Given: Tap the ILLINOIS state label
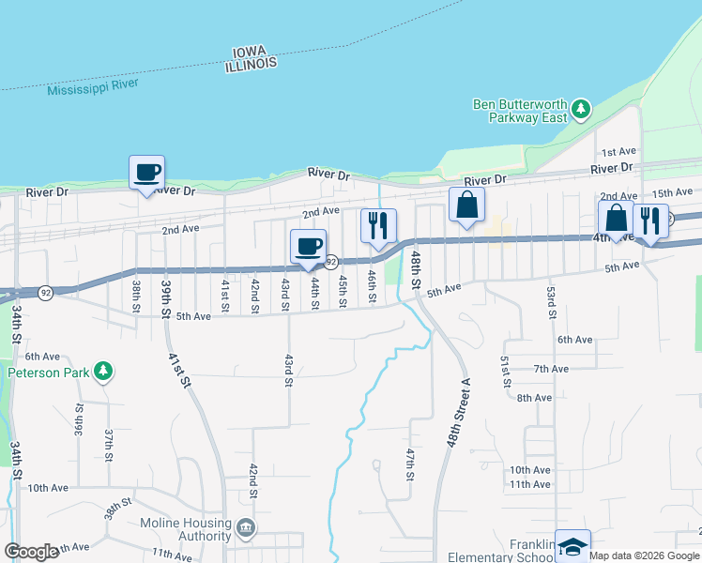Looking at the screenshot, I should tap(252, 63).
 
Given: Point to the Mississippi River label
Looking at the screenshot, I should tap(93, 85).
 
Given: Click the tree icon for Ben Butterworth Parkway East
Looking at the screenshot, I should tap(581, 109).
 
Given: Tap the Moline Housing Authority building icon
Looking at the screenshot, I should tap(246, 529).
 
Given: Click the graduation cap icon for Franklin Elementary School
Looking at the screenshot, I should tap(572, 546).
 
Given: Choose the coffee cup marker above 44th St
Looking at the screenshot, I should tap(309, 246).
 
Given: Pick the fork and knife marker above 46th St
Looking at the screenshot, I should tap(378, 225).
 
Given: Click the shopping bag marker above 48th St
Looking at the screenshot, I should tap(466, 205).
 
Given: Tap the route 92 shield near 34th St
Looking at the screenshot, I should tap(45, 293).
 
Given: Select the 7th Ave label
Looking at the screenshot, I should tap(551, 369).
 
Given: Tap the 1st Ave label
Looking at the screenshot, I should tap(618, 152).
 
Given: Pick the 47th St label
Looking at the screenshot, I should tap(410, 464).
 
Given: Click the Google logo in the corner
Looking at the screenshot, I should tap(32, 552).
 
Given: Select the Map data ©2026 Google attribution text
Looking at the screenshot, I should tap(645, 555).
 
